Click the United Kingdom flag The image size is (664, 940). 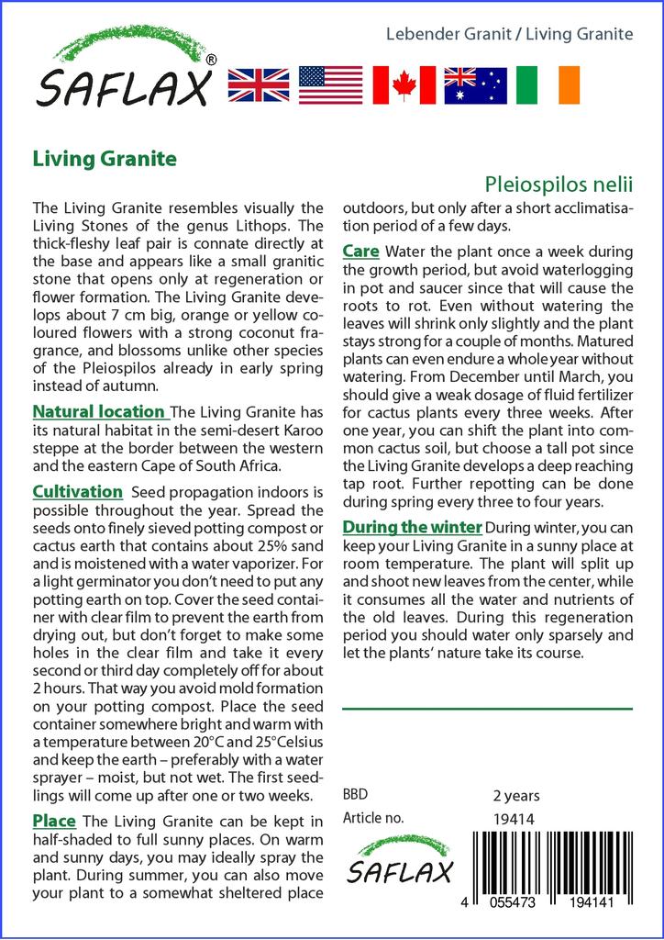[x=258, y=84]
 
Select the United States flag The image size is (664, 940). [x=330, y=84]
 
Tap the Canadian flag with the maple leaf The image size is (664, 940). [x=404, y=84]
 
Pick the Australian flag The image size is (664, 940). [x=475, y=84]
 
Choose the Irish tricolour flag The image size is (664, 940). [x=548, y=84]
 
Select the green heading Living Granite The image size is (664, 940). [x=105, y=158]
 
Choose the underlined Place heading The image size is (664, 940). [x=54, y=820]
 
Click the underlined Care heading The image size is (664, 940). [x=361, y=251]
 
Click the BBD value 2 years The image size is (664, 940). [x=516, y=795]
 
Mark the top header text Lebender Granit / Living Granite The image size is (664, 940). [x=509, y=34]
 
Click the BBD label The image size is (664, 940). [x=354, y=795]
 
